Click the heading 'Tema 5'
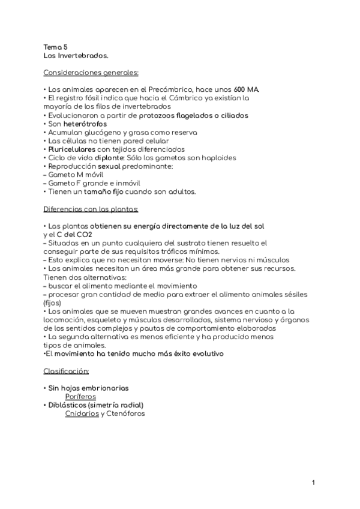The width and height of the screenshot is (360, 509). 56,46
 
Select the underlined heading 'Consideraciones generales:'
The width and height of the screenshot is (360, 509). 91,73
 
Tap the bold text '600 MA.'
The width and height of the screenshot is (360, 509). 247,89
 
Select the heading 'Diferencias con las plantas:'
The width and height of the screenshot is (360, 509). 91,209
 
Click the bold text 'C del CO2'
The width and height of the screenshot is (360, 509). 75,235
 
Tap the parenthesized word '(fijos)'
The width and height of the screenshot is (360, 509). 53,303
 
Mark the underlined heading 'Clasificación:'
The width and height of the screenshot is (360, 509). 66,371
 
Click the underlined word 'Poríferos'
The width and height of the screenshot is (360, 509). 80,397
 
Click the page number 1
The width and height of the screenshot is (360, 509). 313,482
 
